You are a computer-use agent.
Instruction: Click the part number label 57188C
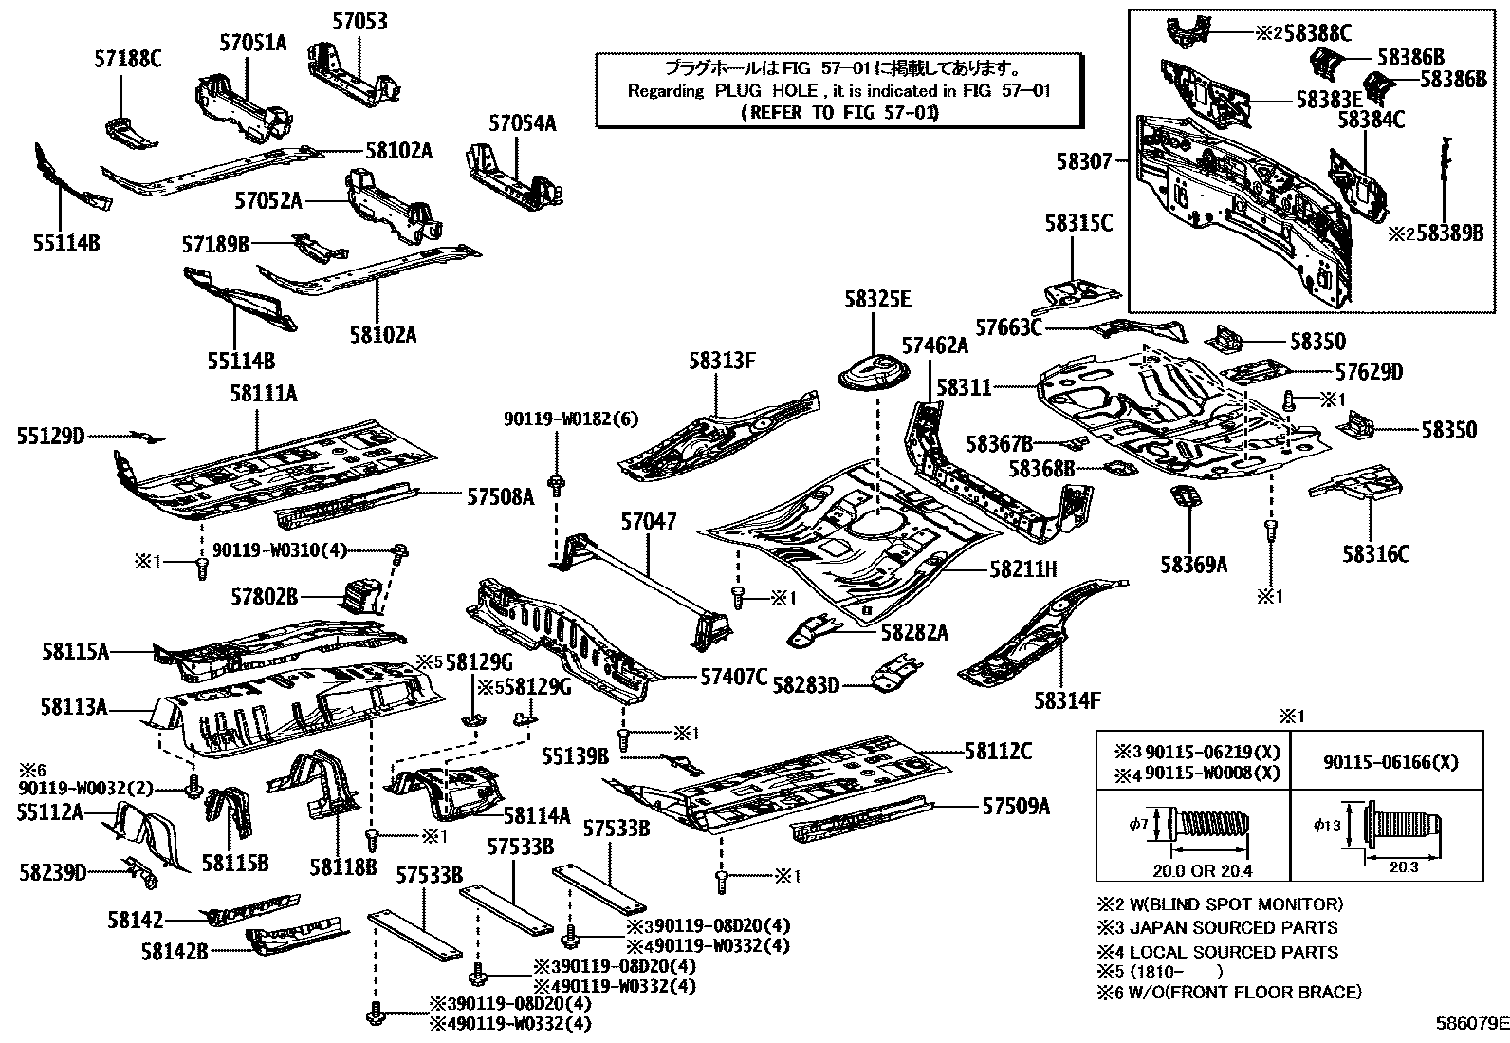(127, 60)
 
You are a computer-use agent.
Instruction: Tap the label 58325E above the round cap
(877, 300)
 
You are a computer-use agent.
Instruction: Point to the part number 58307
(1084, 162)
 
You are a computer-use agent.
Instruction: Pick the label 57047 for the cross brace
(649, 521)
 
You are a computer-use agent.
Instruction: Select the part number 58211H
(1022, 568)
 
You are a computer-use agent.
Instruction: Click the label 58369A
(1193, 565)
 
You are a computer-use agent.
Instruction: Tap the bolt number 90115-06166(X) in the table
(1390, 761)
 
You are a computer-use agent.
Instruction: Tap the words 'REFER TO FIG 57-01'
(839, 112)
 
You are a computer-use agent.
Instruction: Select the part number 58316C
(1375, 553)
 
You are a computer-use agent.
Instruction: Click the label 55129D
(50, 436)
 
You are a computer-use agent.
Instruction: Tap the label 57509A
(1016, 807)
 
